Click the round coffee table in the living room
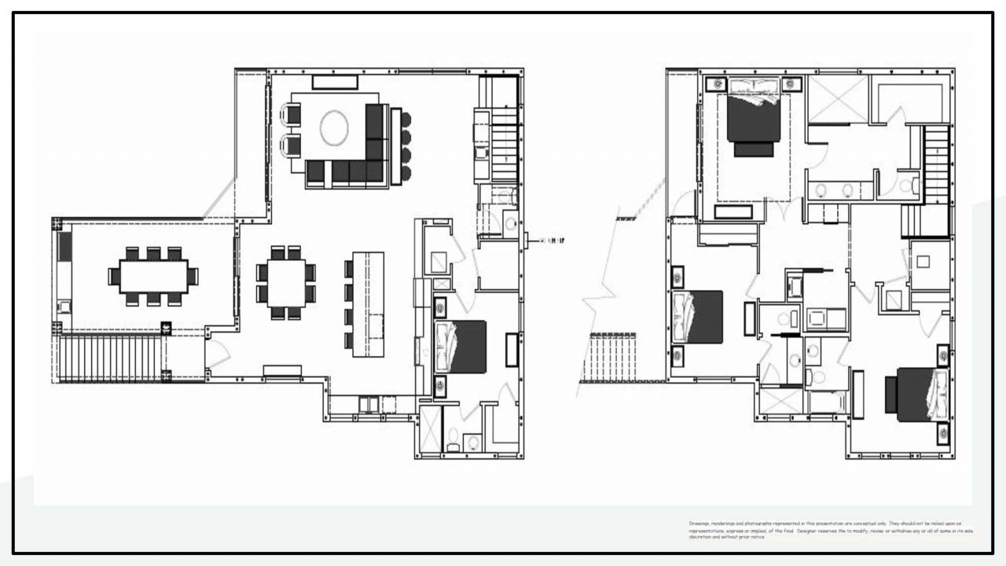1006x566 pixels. (x=334, y=128)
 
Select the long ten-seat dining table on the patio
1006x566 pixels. (x=153, y=277)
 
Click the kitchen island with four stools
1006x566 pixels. (x=368, y=303)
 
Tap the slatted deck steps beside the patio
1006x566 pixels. (x=110, y=358)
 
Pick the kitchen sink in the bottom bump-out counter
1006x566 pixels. (x=369, y=404)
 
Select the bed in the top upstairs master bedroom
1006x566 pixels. (x=754, y=118)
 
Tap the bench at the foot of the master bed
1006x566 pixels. (x=733, y=211)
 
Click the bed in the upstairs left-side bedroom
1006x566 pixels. (x=699, y=317)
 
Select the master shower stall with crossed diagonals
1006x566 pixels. (x=838, y=100)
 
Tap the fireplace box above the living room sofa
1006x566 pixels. (x=335, y=82)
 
